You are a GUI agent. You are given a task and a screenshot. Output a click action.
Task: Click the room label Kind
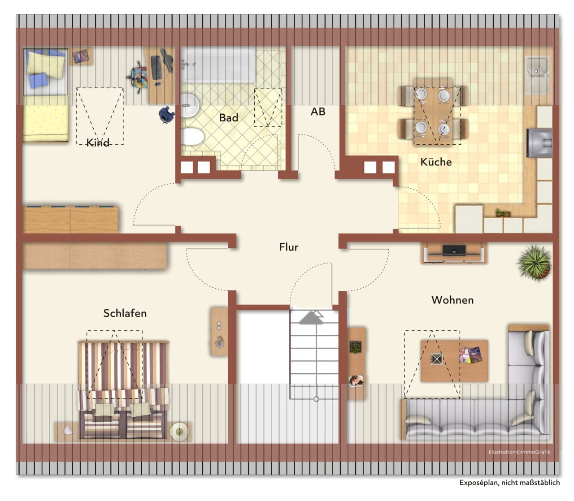pos(98,143)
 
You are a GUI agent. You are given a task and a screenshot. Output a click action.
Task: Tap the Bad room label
pos(229,118)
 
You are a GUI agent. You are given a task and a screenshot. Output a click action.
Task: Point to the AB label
pos(318,112)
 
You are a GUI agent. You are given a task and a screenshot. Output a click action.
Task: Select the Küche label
pos(436,162)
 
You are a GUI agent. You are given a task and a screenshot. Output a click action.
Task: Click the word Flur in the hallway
pos(288,247)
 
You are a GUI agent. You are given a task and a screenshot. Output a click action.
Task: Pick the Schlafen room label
pos(125,313)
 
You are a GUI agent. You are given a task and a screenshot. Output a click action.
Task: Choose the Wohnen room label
pos(452,300)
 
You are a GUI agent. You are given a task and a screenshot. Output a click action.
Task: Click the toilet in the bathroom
pos(192,137)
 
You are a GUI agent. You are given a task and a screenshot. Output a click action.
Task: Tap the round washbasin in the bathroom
pos(189,105)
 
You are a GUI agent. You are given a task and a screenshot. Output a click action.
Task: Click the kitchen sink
pos(537,75)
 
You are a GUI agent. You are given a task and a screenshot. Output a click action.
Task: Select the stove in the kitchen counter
pos(539,143)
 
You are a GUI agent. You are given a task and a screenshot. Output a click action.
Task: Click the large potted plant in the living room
pos(535,263)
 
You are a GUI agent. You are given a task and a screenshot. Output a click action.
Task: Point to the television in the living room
pos(454,250)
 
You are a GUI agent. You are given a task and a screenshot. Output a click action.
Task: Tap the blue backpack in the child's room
pos(166,114)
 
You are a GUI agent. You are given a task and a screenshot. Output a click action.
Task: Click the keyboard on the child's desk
pos(156,68)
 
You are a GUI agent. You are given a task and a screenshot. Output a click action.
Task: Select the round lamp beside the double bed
pos(179,432)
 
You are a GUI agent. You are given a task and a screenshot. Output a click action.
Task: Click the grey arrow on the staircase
pos(311,317)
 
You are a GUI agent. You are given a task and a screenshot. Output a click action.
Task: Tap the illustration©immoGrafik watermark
pos(519,452)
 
